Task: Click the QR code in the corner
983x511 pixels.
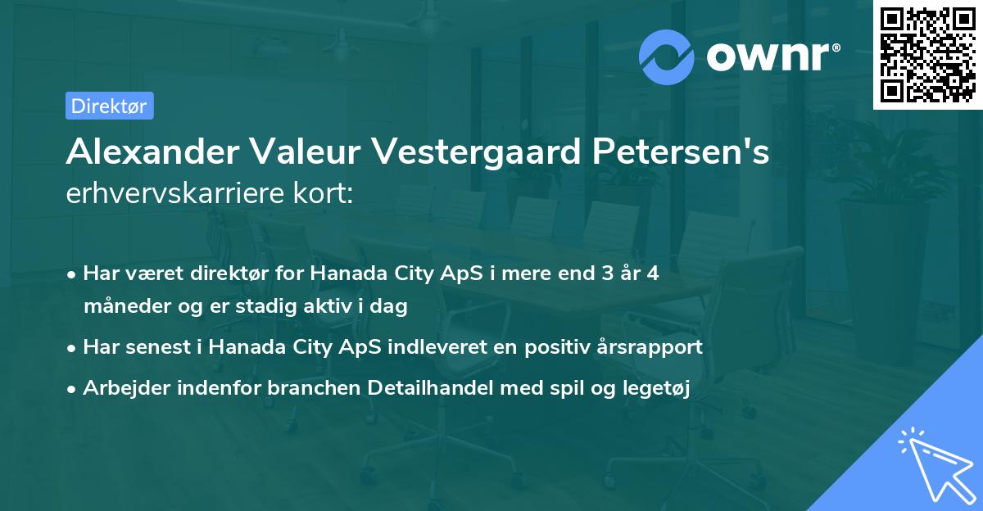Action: click(928, 54)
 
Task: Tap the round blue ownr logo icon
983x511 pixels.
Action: click(668, 57)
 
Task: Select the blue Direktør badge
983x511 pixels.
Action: click(109, 106)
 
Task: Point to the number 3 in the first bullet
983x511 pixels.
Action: click(605, 274)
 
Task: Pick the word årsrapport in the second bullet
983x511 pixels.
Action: click(655, 347)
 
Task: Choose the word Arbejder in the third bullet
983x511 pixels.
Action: click(120, 389)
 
